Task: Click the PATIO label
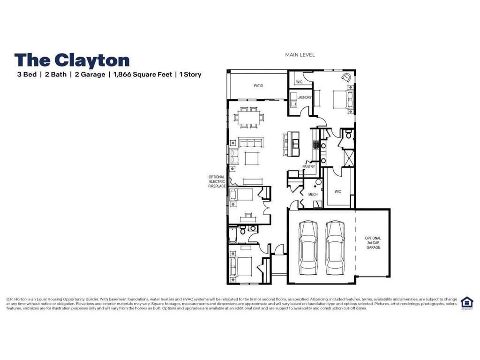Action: [258, 86]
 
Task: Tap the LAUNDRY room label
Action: [304, 97]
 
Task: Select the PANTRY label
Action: [308, 166]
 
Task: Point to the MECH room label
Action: [313, 194]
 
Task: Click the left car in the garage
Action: [308, 247]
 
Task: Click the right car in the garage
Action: [335, 247]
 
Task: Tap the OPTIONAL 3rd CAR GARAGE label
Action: [373, 242]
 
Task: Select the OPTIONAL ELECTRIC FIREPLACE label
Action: [217, 181]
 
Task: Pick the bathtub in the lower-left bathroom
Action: [232, 234]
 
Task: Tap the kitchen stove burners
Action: [316, 145]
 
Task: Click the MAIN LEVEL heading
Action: [300, 55]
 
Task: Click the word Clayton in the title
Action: [92, 60]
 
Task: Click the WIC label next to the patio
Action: [299, 82]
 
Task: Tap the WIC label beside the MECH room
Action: [338, 191]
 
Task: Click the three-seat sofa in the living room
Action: [248, 142]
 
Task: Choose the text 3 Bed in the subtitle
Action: [27, 75]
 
